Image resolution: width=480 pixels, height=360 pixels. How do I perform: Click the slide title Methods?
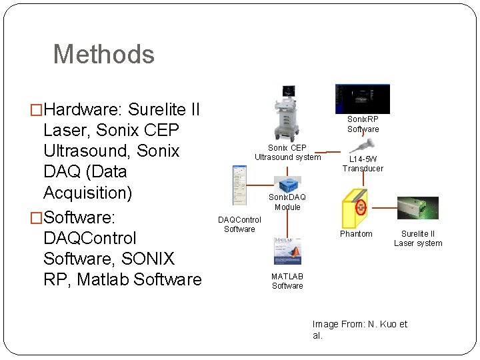tap(103, 54)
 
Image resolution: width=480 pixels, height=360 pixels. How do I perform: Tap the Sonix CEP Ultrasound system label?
tap(287, 152)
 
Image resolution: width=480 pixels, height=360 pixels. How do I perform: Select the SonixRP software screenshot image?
tap(362, 99)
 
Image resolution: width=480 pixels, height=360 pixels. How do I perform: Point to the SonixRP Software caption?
tap(363, 124)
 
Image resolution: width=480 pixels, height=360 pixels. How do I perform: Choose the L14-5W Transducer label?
tap(363, 164)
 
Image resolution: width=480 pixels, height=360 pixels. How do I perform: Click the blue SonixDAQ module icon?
tap(287, 185)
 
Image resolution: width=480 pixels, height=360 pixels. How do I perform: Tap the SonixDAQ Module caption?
tap(287, 202)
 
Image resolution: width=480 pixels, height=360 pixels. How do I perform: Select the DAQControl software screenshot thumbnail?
tap(239, 185)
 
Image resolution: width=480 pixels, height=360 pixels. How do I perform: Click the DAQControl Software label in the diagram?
tap(239, 224)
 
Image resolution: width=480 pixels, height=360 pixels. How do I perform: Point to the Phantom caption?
tap(356, 234)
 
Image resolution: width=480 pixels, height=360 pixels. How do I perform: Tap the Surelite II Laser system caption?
tap(418, 239)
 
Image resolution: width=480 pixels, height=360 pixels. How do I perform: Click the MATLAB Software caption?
tap(287, 281)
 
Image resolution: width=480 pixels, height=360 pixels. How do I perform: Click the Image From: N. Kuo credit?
tap(359, 329)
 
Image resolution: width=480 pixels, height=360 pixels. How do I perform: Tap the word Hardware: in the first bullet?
tap(83, 109)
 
